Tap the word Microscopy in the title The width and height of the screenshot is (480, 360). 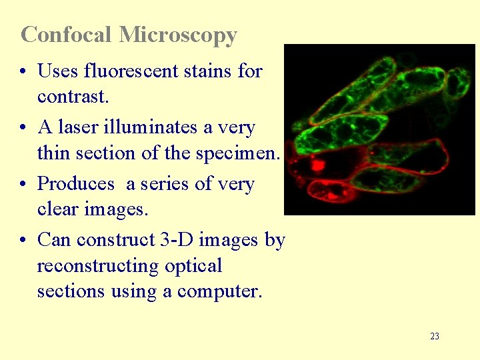[x=178, y=35]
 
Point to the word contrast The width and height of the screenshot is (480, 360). [x=72, y=97]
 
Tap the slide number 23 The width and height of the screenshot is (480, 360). [x=435, y=336]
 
